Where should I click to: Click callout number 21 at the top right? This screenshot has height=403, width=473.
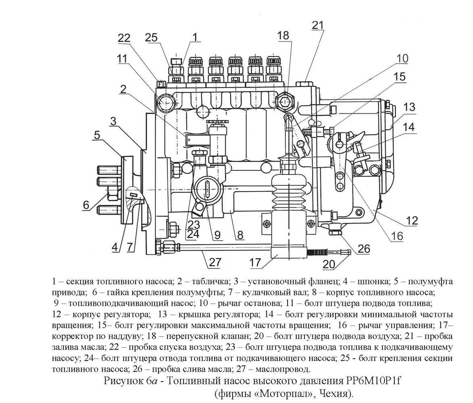318,25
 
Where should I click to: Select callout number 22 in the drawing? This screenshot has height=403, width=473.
124,39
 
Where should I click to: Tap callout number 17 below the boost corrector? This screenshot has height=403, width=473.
255,263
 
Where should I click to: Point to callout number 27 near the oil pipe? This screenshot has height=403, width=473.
215,262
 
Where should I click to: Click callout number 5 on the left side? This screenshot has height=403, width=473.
97,135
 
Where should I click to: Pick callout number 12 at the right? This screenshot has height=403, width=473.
412,220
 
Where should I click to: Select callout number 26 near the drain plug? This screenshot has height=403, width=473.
364,249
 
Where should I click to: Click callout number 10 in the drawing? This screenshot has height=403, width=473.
402,58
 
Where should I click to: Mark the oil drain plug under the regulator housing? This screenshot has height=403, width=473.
335,232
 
